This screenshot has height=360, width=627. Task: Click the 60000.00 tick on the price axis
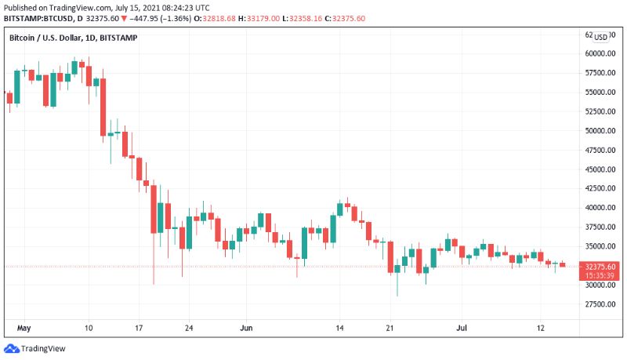pos(599,53)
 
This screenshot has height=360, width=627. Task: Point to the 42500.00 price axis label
pos(599,188)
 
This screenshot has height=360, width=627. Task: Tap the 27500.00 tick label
pos(599,304)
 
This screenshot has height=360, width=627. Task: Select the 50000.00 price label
pos(599,130)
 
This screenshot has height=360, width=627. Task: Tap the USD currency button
pos(600,37)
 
